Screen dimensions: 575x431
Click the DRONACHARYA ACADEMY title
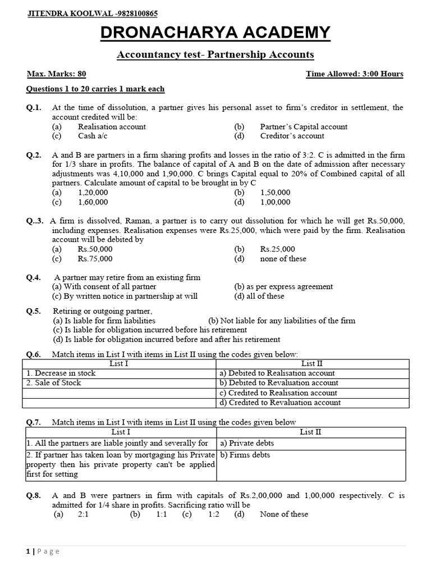click(x=215, y=33)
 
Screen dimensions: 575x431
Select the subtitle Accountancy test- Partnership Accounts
click(x=215, y=54)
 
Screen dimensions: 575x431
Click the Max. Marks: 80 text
click(x=57, y=74)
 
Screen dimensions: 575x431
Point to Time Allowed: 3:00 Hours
click(x=354, y=74)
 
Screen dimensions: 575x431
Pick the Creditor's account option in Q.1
click(x=292, y=136)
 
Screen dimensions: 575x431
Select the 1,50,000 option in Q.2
click(x=276, y=193)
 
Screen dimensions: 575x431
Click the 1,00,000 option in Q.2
click(x=276, y=202)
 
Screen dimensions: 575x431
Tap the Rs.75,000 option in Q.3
click(x=95, y=259)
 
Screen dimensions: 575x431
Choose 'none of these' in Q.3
click(x=283, y=259)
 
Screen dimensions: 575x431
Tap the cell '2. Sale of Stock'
click(x=54, y=383)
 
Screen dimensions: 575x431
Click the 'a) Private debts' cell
click(x=247, y=443)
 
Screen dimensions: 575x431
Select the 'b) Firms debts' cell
click(x=245, y=455)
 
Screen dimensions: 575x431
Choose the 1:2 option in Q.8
click(x=214, y=514)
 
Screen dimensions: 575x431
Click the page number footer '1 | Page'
click(x=43, y=551)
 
